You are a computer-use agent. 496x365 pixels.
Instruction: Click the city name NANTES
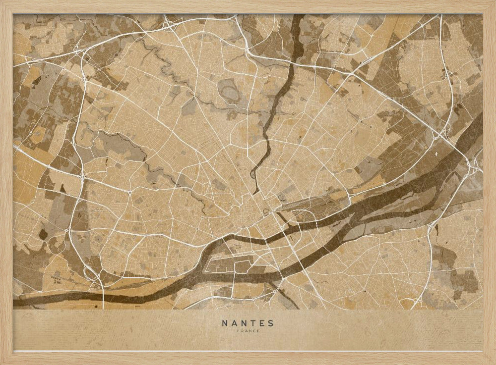248,323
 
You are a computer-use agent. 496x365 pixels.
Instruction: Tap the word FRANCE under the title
248,331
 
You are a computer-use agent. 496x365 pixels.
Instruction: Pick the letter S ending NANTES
270,323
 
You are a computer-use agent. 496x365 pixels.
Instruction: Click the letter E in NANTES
259,323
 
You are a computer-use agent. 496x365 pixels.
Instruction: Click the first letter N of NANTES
225,323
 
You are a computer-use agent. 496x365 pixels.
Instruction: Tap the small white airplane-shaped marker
436,154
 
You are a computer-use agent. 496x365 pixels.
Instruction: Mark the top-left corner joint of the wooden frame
6,6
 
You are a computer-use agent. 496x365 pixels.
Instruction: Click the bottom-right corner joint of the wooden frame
490,359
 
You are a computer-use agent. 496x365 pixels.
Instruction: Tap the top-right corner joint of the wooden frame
490,6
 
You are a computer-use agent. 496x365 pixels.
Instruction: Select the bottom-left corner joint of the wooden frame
6,359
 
